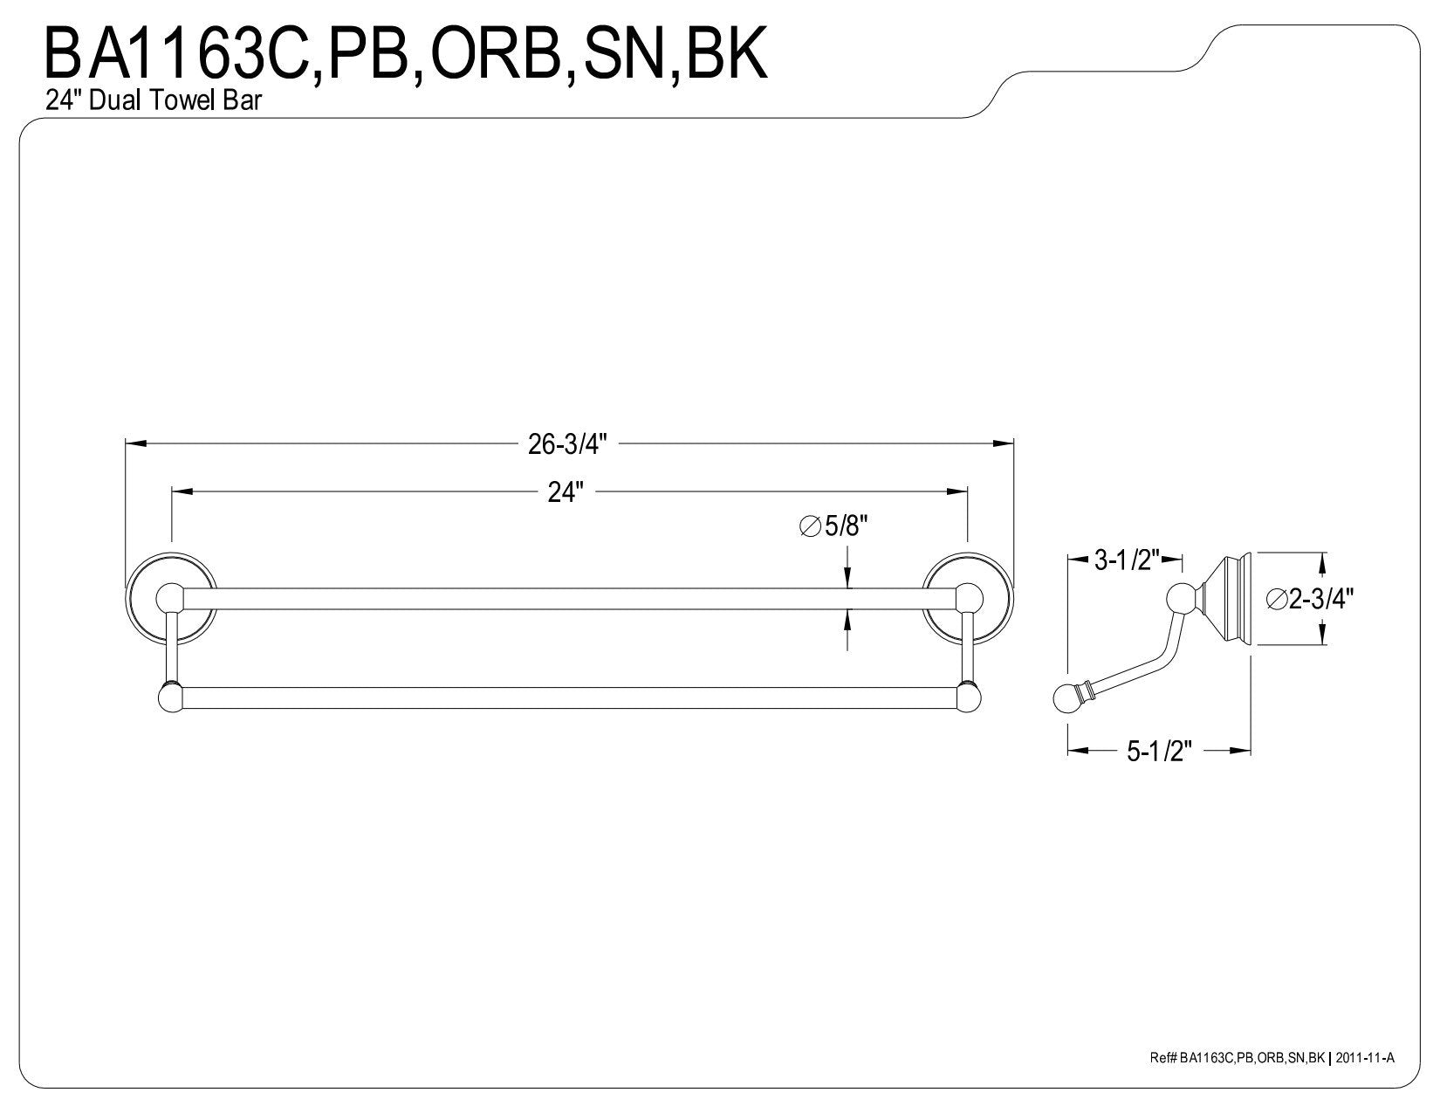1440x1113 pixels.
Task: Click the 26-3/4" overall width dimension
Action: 566,444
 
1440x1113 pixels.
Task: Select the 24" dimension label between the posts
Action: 566,492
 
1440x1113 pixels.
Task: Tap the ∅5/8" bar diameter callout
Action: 833,526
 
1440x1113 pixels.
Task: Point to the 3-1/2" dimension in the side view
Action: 1127,560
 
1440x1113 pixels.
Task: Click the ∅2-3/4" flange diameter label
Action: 1309,599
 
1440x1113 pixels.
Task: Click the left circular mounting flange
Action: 171,597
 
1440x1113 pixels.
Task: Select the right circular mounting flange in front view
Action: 968,597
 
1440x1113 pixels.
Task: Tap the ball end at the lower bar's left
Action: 171,698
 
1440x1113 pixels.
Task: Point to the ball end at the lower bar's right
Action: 969,698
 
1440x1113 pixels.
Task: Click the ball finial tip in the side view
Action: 1066,698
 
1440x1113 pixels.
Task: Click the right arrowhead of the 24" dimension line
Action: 957,491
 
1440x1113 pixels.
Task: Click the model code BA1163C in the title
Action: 178,54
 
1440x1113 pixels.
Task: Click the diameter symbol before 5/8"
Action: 811,527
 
